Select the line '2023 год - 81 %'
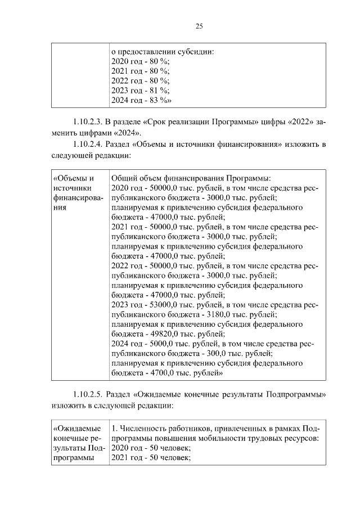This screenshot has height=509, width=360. [x=140, y=91]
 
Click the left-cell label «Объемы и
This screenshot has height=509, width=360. [x=73, y=178]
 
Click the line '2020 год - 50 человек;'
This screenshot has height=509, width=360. [x=151, y=448]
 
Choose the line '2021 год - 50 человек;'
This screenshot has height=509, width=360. [x=151, y=458]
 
